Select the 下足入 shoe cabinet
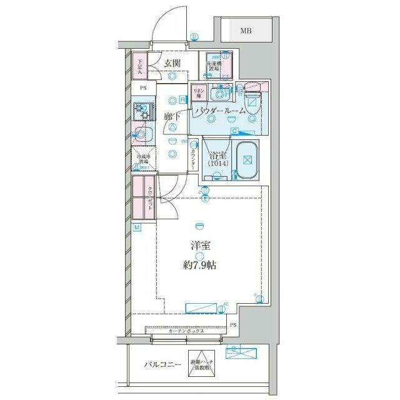pos(141,66)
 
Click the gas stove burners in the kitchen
pos(142,112)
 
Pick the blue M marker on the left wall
pos(136,227)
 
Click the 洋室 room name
pos(199,246)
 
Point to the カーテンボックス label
pos(186,332)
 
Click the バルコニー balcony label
pos(162,364)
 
